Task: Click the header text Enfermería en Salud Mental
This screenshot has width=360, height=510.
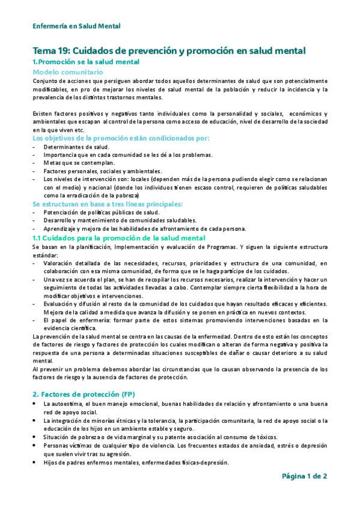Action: pyautogui.click(x=76, y=26)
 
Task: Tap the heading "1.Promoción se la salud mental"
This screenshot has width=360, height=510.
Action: pyautogui.click(x=85, y=62)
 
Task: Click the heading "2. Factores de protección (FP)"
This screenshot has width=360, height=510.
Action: pyautogui.click(x=84, y=393)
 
